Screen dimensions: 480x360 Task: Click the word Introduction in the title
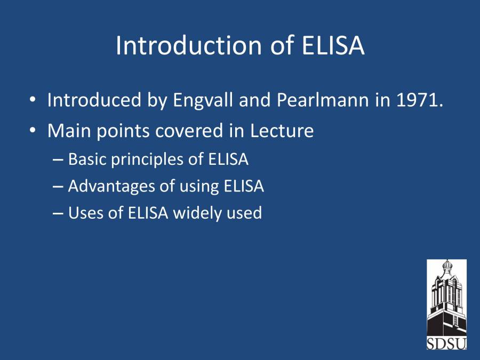[189, 45]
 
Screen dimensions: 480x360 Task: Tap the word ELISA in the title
[333, 45]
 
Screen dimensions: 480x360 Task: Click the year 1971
[420, 100]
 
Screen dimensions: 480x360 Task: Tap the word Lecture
[282, 131]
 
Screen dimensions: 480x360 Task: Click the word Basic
[87, 159]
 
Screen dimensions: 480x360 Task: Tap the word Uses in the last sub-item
[86, 213]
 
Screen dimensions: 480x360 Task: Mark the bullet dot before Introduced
[33, 100]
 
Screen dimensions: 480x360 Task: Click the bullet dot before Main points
[33, 131]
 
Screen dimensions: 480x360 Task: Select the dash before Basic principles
[58, 160]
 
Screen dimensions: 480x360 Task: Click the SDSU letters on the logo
[446, 343]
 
